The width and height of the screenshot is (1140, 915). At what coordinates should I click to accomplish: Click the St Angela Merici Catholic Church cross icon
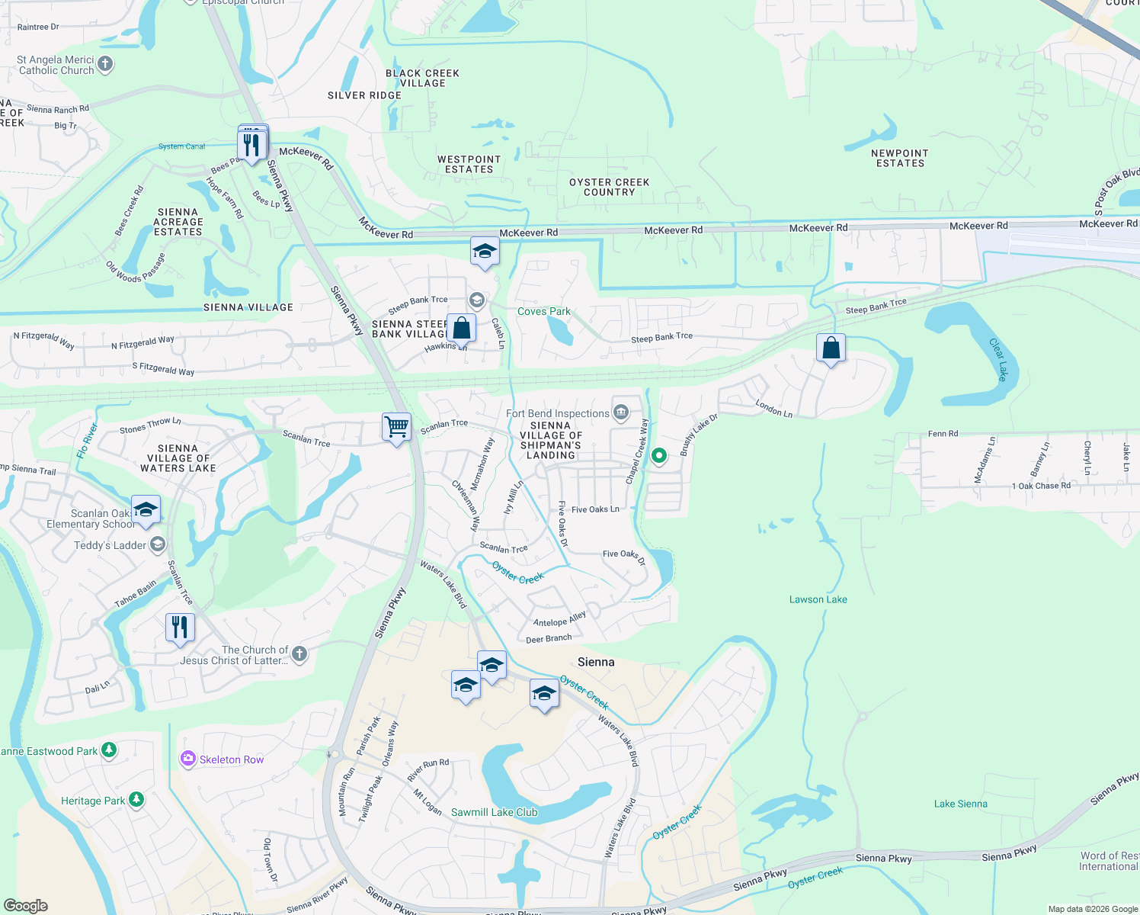tap(105, 64)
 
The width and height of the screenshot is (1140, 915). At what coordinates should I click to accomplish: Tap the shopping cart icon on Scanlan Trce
tap(396, 428)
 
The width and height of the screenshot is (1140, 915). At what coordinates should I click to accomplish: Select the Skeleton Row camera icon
tap(187, 759)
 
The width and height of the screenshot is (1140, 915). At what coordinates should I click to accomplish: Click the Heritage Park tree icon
tap(136, 799)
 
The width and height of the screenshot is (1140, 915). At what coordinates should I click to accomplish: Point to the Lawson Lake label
tap(818, 599)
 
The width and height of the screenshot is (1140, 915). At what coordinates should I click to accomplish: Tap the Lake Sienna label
tap(960, 804)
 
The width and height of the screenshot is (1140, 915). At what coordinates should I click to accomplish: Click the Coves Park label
tap(543, 311)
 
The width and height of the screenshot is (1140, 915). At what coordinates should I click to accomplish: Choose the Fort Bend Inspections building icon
tap(620, 413)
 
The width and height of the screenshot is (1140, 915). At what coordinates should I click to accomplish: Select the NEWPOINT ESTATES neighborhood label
tap(899, 158)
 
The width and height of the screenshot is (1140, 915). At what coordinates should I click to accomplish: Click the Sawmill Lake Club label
tap(494, 812)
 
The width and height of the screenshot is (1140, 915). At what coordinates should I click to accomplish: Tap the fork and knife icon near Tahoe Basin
tap(180, 628)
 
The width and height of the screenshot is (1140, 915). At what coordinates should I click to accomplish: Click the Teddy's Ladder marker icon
tap(158, 544)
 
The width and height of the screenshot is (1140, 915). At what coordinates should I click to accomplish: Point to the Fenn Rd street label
tap(943, 434)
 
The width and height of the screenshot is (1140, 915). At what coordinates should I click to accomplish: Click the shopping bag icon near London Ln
tap(831, 348)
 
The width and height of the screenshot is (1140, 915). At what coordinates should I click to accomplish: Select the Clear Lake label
tap(999, 359)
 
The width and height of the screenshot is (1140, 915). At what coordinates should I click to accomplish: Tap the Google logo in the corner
tap(26, 906)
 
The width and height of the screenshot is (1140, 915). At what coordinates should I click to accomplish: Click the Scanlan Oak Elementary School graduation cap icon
tap(145, 509)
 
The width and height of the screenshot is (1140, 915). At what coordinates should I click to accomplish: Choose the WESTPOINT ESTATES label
tap(469, 164)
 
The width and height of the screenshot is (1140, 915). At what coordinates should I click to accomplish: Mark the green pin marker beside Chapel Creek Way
tap(659, 456)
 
